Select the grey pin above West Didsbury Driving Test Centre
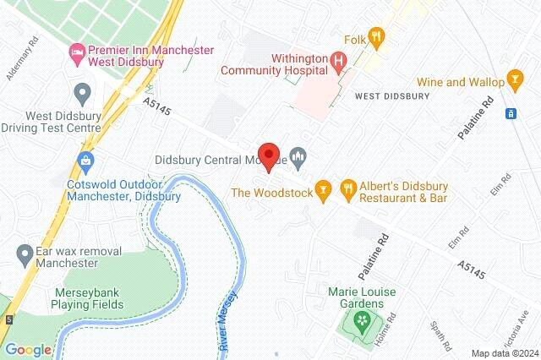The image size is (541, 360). click(83, 91)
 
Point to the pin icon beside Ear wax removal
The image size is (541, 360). click(25, 252)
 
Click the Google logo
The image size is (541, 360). click(28, 350)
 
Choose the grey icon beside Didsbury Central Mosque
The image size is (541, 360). click(298, 156)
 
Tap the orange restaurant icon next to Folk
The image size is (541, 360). click(377, 36)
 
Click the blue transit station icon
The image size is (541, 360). click(511, 113)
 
